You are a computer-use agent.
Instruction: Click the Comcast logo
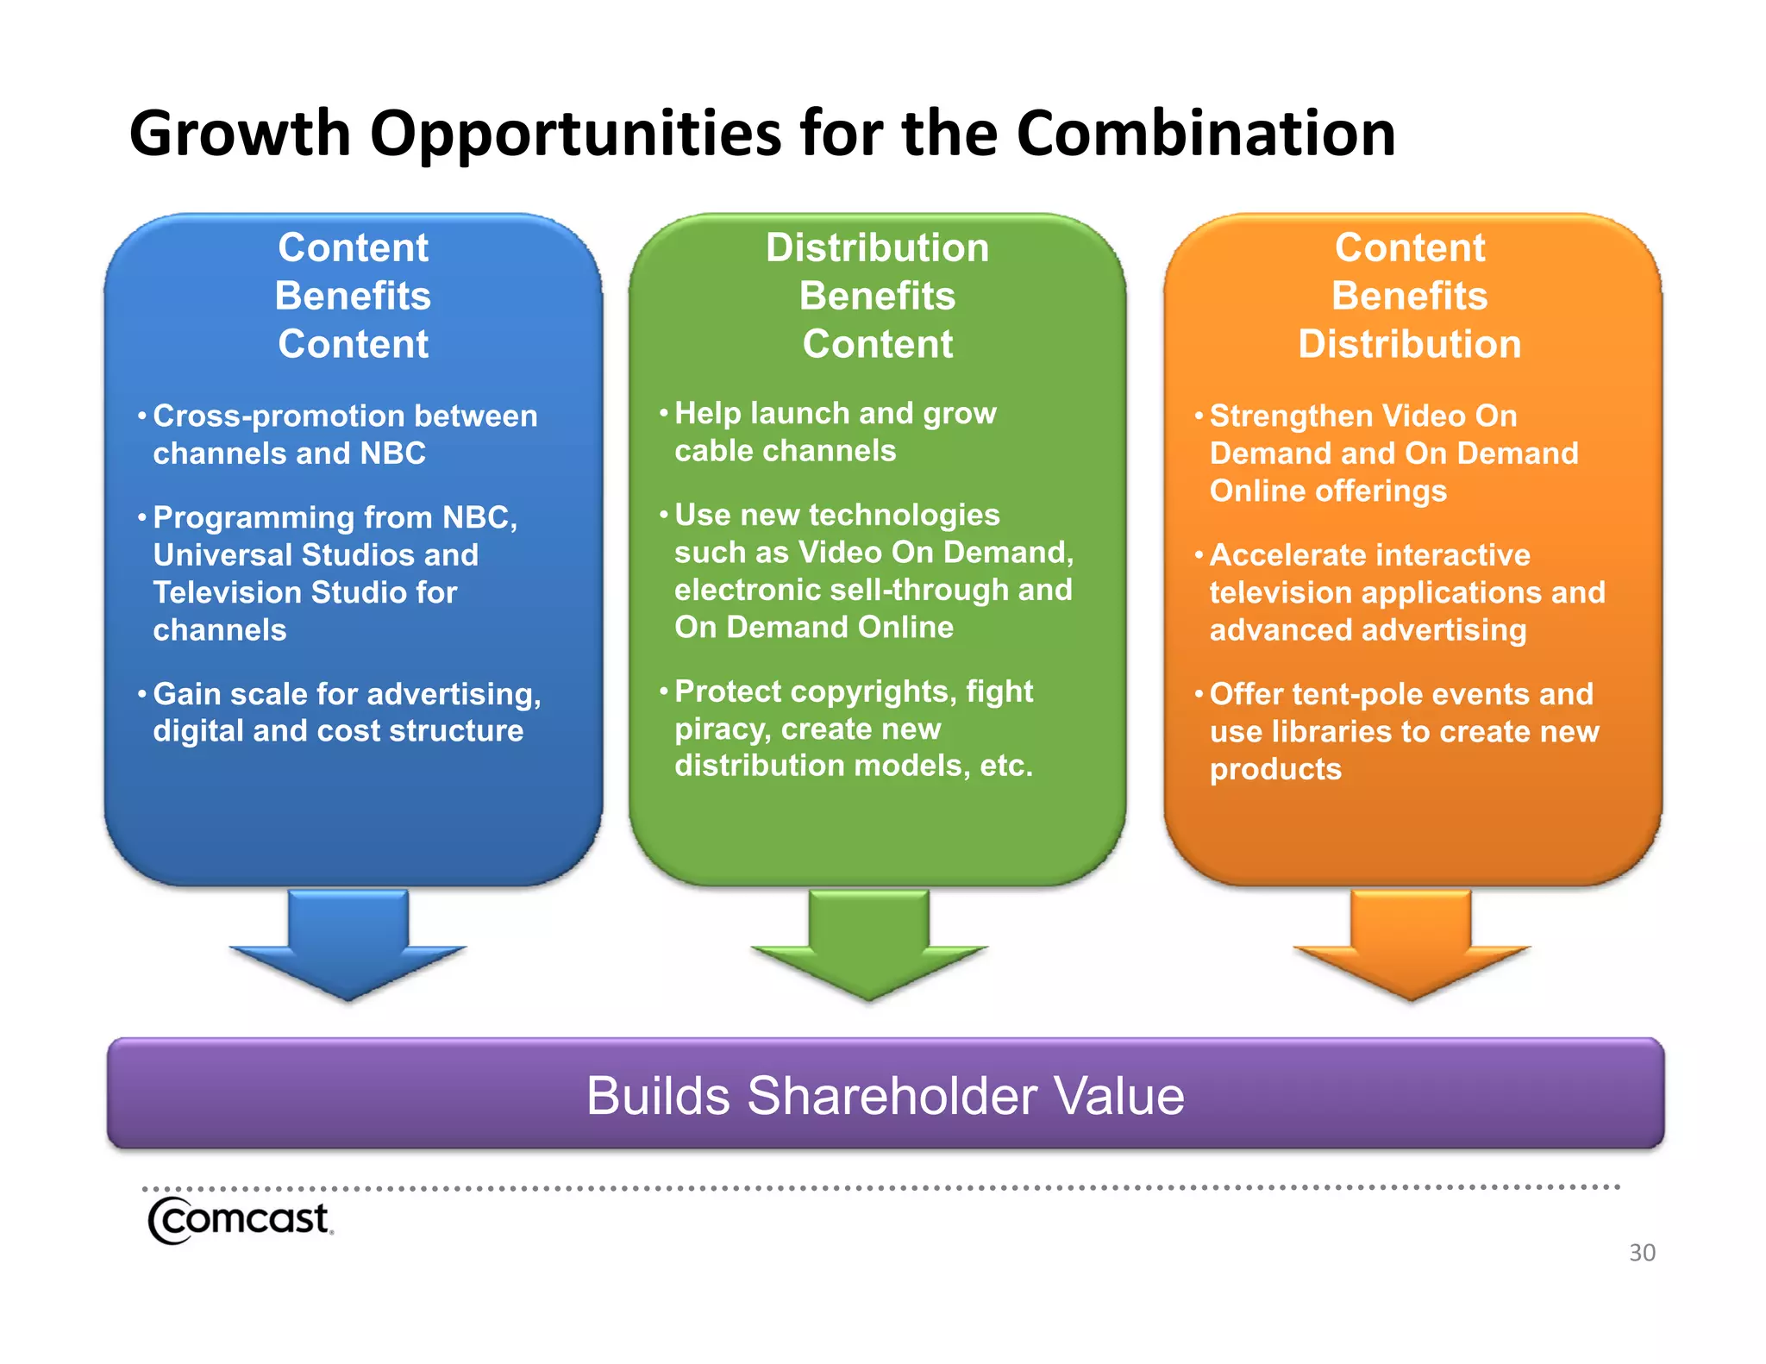(239, 1219)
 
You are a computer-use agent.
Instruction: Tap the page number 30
(1641, 1252)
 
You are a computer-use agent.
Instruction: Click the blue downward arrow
(348, 944)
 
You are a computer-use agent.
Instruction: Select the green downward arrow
(868, 944)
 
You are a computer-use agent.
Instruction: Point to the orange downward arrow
(1411, 944)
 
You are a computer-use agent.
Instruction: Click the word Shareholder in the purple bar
(892, 1096)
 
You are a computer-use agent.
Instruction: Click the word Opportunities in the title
(576, 134)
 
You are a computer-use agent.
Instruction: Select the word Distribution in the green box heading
(877, 247)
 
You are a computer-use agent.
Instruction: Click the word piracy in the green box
(722, 729)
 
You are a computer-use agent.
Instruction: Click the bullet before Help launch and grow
(664, 414)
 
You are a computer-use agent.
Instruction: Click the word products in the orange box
(1274, 769)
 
